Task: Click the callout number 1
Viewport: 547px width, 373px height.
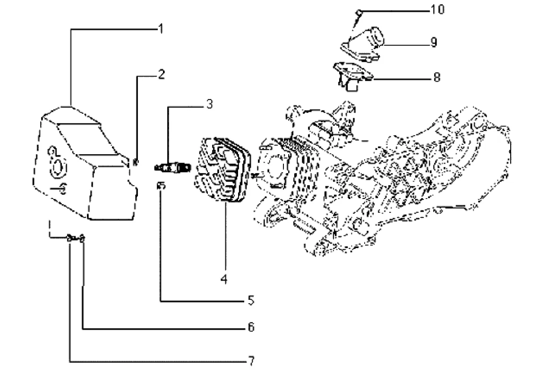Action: [x=161, y=29]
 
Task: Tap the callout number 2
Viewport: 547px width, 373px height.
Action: [x=161, y=74]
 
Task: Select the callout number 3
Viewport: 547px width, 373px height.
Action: [x=209, y=104]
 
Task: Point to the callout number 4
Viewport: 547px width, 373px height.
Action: [x=224, y=279]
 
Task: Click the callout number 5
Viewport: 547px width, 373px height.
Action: [x=251, y=300]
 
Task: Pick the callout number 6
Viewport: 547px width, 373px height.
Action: [x=251, y=327]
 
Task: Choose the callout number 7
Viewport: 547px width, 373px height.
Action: [x=251, y=361]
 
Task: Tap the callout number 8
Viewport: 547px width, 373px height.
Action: [x=437, y=77]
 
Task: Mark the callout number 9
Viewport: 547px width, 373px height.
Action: [x=434, y=42]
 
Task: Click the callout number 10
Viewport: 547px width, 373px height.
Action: [x=437, y=9]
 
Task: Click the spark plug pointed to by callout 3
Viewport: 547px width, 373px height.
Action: [x=173, y=168]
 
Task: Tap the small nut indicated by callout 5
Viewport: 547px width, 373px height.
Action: [x=161, y=186]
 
